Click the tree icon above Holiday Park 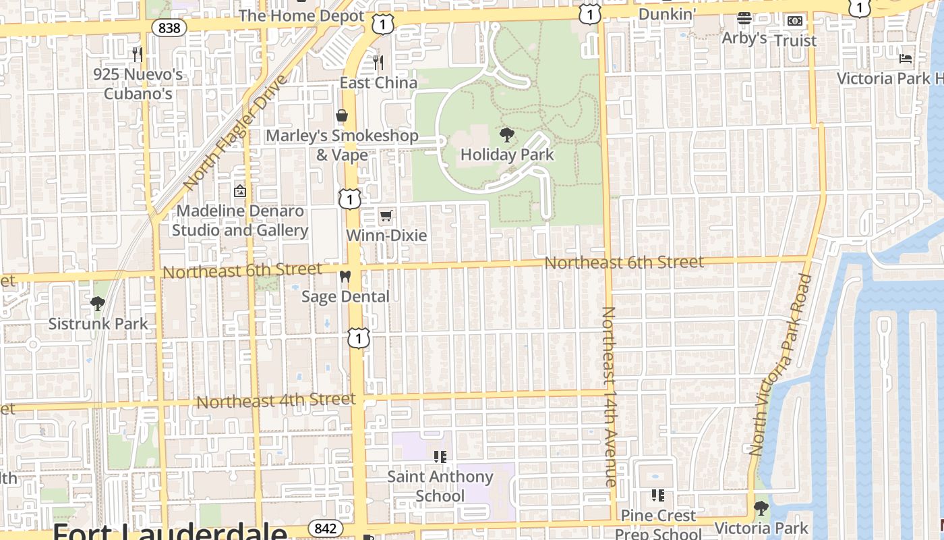tap(506, 134)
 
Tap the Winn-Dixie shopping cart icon tap(386, 216)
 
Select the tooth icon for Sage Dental tap(345, 277)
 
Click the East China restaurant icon tap(378, 63)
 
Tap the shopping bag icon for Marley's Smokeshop tap(342, 115)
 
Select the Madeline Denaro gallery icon tap(239, 191)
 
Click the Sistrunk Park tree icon tap(98, 304)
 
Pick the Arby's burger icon tap(744, 18)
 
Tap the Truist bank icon tap(795, 21)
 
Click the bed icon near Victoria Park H tap(906, 59)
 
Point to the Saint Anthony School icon tap(440, 457)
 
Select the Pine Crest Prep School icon tap(658, 495)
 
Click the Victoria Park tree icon tap(761, 508)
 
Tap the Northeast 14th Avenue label tap(609, 396)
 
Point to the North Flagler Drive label tap(235, 132)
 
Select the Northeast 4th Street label tap(276, 401)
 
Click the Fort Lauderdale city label tap(169, 531)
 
